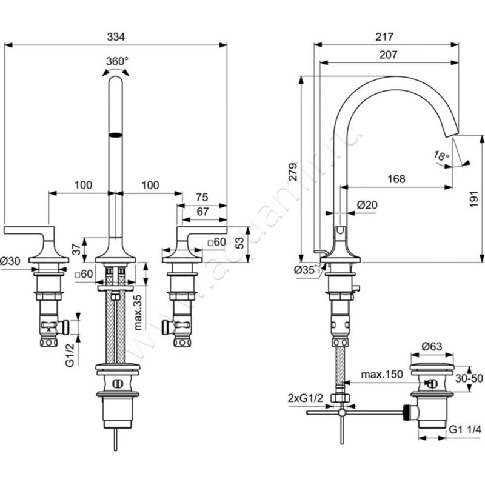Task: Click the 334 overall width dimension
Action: click(116, 37)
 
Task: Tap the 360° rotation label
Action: click(116, 61)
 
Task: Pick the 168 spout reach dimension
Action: click(396, 179)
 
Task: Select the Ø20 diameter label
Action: click(367, 206)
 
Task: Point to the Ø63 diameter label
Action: click(432, 346)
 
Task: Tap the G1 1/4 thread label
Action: click(466, 429)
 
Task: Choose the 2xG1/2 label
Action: click(306, 398)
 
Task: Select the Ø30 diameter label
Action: click(11, 261)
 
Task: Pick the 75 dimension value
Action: click(202, 197)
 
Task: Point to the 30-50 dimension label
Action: click(469, 378)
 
